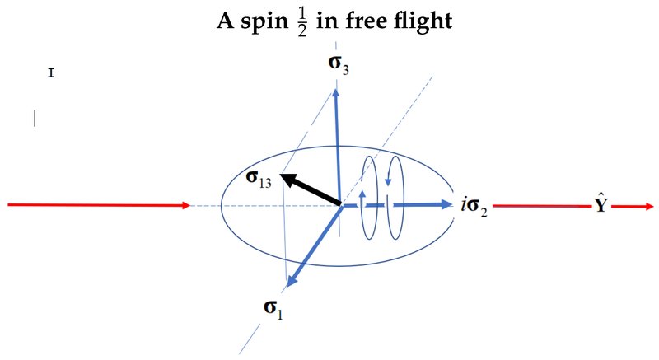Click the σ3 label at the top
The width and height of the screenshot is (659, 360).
pyautogui.click(x=339, y=64)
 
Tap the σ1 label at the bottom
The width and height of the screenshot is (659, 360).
pyautogui.click(x=273, y=309)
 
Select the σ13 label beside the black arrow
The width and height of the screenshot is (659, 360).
pyautogui.click(x=259, y=179)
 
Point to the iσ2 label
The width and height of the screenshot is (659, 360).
pyautogui.click(x=474, y=206)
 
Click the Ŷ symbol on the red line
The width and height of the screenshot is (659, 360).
pyautogui.click(x=601, y=203)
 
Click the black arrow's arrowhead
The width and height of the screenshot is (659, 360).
pyautogui.click(x=287, y=179)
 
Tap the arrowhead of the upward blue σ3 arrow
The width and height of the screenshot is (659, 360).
pyautogui.click(x=336, y=93)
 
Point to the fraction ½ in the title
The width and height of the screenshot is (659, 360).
pyautogui.click(x=302, y=22)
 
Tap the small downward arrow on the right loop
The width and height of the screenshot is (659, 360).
pyautogui.click(x=388, y=182)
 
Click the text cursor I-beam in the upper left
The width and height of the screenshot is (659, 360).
pyautogui.click(x=51, y=73)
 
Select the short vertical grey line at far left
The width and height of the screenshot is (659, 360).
pyautogui.click(x=35, y=118)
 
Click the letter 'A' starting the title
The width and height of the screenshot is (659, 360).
pyautogui.click(x=225, y=20)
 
